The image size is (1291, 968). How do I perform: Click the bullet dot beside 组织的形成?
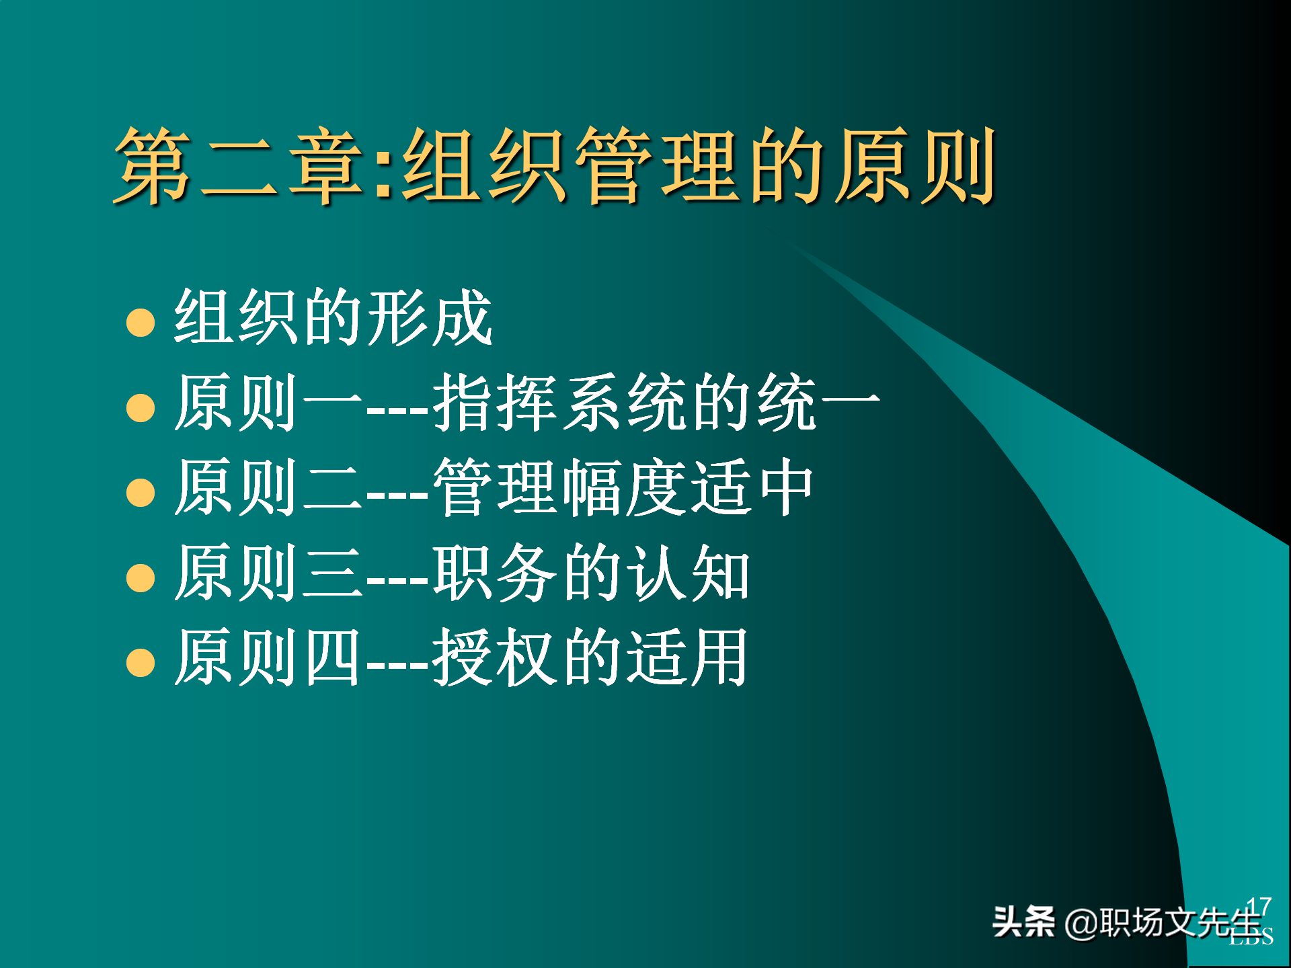click(x=141, y=322)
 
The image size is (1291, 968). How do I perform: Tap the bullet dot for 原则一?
click(x=141, y=407)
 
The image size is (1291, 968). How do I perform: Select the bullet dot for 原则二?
click(x=141, y=492)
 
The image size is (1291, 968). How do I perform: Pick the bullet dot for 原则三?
click(x=141, y=577)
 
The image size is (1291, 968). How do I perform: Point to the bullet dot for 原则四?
click(x=141, y=662)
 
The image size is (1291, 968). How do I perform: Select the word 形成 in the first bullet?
click(x=430, y=317)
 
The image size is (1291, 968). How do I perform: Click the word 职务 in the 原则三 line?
click(x=495, y=573)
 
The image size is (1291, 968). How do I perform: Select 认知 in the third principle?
click(x=689, y=573)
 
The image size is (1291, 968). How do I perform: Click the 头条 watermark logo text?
click(x=1023, y=922)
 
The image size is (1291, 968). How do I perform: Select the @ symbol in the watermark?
click(x=1081, y=923)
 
